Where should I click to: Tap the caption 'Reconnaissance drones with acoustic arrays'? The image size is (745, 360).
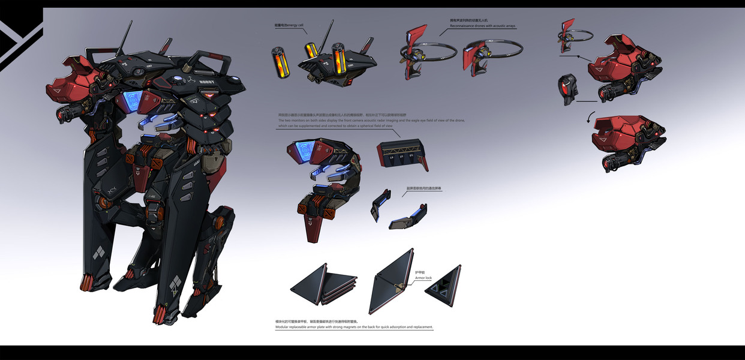[x=482, y=26]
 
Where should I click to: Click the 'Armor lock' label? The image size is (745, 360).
[x=423, y=278]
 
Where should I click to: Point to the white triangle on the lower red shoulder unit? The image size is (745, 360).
[x=600, y=137]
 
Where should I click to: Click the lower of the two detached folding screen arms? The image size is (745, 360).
[x=408, y=217]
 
